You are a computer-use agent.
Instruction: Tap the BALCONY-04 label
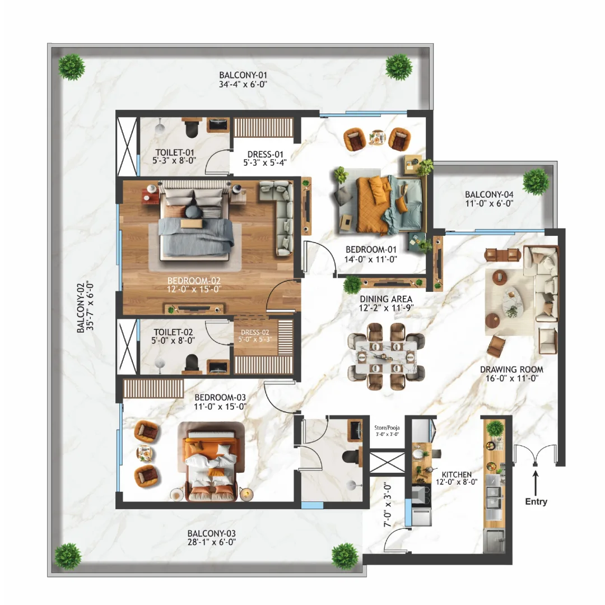coord(489,194)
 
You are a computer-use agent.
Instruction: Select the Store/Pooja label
coord(387,428)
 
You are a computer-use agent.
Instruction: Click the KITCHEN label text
coord(457,474)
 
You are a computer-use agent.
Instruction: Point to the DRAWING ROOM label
coord(511,370)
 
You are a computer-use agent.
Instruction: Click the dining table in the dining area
coord(386,357)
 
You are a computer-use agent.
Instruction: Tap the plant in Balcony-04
coord(535,182)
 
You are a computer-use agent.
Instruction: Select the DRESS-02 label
coord(255,332)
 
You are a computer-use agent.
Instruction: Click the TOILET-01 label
coord(174,152)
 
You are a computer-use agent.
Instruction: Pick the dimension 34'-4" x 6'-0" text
coord(243,85)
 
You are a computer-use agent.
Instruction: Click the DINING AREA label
coord(386,299)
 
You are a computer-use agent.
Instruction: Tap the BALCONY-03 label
coord(211,533)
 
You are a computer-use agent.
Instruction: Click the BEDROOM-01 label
coord(371,250)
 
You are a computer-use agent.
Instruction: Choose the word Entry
coord(536,501)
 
